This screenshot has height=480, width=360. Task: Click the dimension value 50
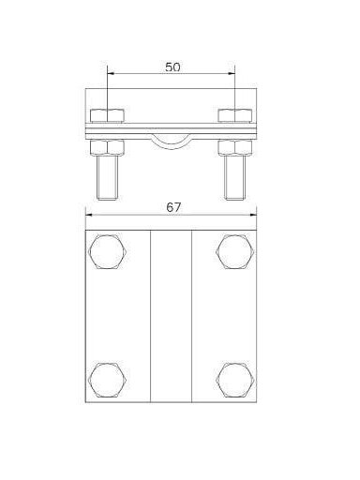click(x=172, y=67)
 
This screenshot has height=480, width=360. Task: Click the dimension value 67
click(x=173, y=207)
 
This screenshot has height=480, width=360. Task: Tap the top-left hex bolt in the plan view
click(x=108, y=251)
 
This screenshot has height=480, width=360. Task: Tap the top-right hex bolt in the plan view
click(x=235, y=251)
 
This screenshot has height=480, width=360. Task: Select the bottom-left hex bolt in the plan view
click(x=108, y=380)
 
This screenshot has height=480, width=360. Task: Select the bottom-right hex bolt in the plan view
click(x=235, y=380)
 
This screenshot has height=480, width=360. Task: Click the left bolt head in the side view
click(x=107, y=115)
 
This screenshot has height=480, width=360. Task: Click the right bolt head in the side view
click(x=235, y=115)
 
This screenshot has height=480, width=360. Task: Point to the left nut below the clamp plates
click(x=107, y=148)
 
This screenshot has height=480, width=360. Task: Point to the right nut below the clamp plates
click(x=235, y=148)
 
